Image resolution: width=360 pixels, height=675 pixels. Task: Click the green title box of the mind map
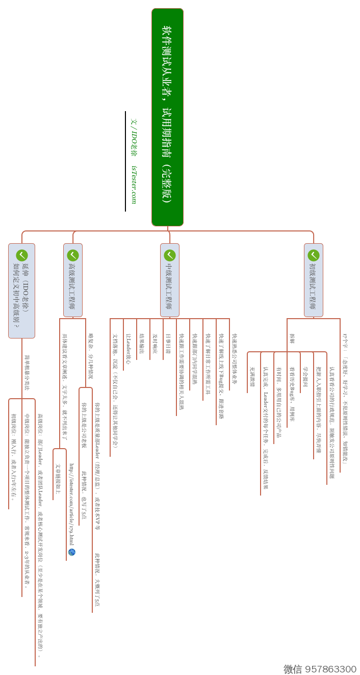[167, 117]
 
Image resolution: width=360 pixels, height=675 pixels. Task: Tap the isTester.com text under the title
[134, 184]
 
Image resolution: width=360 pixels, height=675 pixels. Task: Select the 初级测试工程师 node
[313, 280]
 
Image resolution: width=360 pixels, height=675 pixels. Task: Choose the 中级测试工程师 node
[169, 280]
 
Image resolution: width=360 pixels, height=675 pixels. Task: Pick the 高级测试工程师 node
[72, 280]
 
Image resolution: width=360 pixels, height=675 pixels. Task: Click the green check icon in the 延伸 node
[22, 255]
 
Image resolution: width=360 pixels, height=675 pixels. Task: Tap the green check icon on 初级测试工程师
[313, 255]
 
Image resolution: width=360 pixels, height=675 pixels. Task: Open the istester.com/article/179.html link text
[71, 505]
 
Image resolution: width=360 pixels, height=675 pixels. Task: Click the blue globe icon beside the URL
[71, 552]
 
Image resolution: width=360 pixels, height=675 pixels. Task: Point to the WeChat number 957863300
[320, 669]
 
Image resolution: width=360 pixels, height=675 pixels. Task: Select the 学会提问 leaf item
[306, 377]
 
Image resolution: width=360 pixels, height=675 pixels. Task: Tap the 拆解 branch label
[292, 339]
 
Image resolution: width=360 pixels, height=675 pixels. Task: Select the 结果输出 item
[142, 344]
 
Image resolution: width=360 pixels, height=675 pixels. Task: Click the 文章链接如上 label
[58, 479]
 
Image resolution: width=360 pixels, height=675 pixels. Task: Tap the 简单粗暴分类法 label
[27, 373]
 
